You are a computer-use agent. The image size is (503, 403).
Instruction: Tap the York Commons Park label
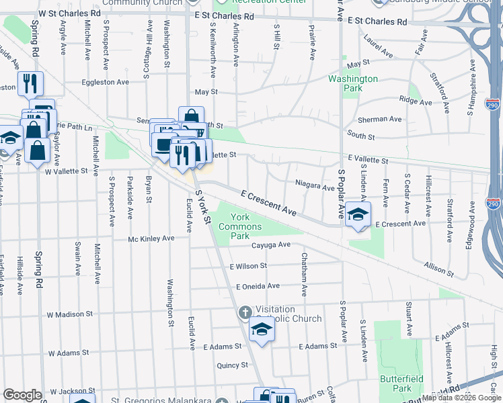235,226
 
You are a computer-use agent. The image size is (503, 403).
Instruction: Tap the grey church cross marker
245,313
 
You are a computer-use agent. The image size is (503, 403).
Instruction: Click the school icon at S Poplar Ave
358,214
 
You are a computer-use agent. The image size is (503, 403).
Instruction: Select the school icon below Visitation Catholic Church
262,330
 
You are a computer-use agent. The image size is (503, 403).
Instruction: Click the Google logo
23,395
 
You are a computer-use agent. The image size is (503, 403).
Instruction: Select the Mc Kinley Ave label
151,238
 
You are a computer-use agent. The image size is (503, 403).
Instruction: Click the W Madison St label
69,314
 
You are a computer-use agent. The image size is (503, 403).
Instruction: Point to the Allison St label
438,269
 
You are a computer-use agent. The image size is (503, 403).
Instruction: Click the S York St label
203,207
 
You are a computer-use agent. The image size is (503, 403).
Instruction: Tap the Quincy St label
232,365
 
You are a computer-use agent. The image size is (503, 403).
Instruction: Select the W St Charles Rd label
70,13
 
